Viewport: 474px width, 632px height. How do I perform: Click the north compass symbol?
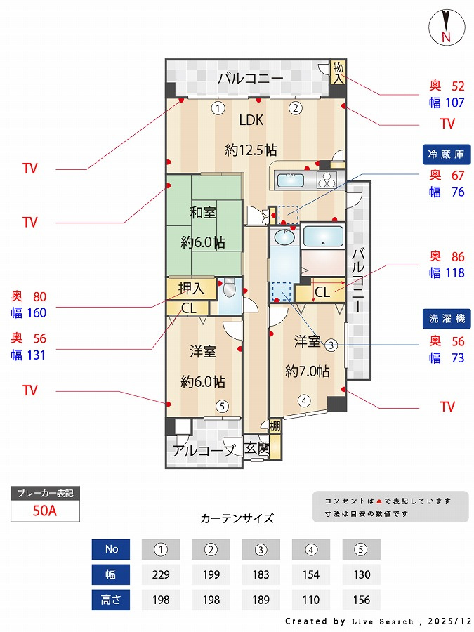(x=445, y=27)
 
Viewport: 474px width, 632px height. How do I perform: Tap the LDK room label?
(x=251, y=120)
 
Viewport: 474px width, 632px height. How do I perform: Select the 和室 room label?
(x=202, y=213)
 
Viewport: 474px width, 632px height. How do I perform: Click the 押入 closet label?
(x=191, y=288)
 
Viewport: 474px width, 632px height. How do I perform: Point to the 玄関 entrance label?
(x=256, y=448)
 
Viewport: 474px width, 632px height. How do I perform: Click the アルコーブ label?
(x=204, y=451)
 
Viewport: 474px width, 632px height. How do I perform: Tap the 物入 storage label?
(x=338, y=72)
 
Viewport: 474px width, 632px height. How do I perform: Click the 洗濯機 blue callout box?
(x=446, y=318)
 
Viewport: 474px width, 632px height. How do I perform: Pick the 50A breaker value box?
(x=46, y=511)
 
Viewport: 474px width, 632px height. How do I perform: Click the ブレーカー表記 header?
(x=46, y=493)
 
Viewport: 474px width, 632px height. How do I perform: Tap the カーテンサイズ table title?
(x=237, y=519)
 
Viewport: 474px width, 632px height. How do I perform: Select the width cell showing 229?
(x=161, y=574)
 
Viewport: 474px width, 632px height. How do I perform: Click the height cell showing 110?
(x=311, y=600)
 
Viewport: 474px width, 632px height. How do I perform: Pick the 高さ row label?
(x=111, y=600)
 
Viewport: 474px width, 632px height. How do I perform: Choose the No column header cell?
(x=111, y=549)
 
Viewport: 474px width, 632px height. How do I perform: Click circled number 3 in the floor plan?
(x=331, y=344)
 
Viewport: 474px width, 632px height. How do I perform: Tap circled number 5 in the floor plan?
(x=221, y=405)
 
